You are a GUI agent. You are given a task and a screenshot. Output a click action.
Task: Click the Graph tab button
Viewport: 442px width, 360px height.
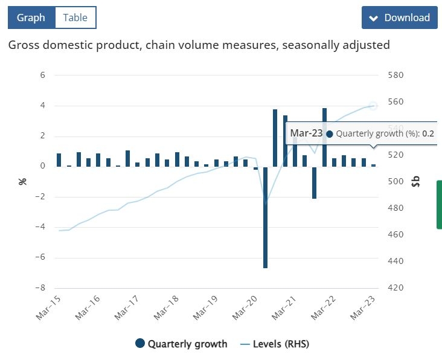[31, 18]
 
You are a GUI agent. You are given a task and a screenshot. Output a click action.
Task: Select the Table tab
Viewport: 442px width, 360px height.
[75, 18]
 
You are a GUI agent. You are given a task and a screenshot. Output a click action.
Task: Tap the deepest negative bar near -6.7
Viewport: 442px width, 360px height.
[265, 217]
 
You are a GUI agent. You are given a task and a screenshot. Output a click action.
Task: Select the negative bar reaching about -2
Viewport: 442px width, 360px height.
[315, 182]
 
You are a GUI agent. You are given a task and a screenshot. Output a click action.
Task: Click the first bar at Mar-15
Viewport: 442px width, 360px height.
[59, 160]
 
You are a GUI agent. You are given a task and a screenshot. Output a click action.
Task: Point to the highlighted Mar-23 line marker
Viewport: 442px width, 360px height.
[373, 106]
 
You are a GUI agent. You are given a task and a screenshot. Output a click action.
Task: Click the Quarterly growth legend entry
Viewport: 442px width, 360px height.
[181, 344]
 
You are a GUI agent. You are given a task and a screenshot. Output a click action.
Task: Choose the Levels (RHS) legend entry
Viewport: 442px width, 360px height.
[275, 344]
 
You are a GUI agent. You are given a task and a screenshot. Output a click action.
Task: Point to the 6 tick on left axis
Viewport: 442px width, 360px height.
[42, 75]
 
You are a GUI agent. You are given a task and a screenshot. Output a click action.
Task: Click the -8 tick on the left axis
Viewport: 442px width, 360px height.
[40, 288]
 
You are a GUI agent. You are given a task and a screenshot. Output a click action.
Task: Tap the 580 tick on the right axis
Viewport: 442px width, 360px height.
[396, 75]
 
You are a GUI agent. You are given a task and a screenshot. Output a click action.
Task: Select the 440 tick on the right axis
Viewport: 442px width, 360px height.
[396, 261]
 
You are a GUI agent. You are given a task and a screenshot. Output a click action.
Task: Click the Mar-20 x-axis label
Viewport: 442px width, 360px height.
[245, 307]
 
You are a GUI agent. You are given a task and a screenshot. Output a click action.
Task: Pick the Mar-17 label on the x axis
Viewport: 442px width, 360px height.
[127, 307]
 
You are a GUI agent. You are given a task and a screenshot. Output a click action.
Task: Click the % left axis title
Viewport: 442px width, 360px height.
[22, 181]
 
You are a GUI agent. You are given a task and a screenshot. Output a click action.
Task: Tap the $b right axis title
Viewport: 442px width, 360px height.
[416, 181]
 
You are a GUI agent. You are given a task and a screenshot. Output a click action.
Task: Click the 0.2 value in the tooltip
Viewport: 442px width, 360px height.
[428, 133]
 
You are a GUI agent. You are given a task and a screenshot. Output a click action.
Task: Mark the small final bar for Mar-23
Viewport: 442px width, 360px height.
[374, 166]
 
